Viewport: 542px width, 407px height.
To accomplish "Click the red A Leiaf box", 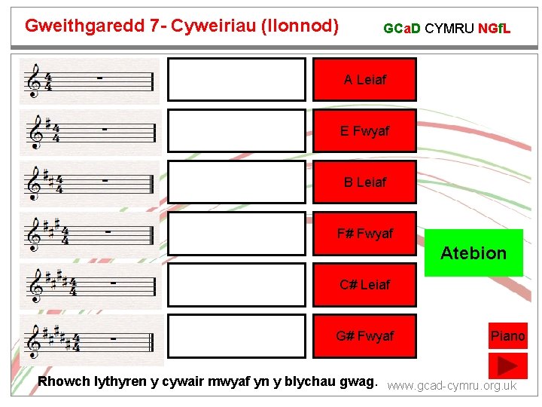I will pyautogui.click(x=364, y=79).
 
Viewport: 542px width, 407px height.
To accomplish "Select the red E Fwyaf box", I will pyautogui.click(x=364, y=130).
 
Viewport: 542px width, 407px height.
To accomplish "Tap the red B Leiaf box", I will pyautogui.click(x=364, y=182).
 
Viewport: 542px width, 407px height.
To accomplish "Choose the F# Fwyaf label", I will pyautogui.click(x=364, y=234).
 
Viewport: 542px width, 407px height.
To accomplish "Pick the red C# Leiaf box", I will pyautogui.click(x=364, y=284).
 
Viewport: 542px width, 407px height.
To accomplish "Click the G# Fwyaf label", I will pyautogui.click(x=364, y=335).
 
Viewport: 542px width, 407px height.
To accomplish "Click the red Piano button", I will pyautogui.click(x=507, y=335).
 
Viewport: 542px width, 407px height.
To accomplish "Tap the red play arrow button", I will pyautogui.click(x=507, y=366).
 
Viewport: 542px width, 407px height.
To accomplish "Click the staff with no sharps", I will pyautogui.click(x=90, y=80).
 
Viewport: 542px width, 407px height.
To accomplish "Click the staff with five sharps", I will pyautogui.click(x=90, y=340).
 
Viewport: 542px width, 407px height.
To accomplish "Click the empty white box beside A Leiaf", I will pyautogui.click(x=236, y=79).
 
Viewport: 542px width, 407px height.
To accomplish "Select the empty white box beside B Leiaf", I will pyautogui.click(x=236, y=182).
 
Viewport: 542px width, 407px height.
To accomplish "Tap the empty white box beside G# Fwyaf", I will pyautogui.click(x=236, y=335).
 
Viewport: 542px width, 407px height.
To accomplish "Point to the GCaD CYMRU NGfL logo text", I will pyautogui.click(x=446, y=29).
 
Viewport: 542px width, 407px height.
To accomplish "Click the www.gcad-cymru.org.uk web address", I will pyautogui.click(x=452, y=386).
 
